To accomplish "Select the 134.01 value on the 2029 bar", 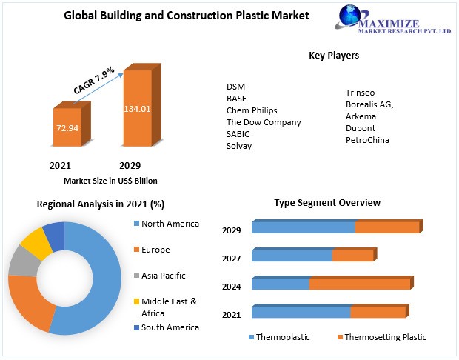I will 137,109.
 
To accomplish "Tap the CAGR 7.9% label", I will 93,80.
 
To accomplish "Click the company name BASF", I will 237,99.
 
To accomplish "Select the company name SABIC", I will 238,134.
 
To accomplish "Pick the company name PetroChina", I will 367,140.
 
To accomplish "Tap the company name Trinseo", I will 361,93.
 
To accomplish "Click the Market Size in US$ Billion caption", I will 110,181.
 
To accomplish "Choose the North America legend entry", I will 170,224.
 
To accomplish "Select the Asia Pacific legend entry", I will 163,276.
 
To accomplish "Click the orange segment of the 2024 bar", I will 359,284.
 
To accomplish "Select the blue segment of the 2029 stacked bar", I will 303,227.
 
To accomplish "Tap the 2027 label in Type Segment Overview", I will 232,259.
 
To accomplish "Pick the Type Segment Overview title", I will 327,202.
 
